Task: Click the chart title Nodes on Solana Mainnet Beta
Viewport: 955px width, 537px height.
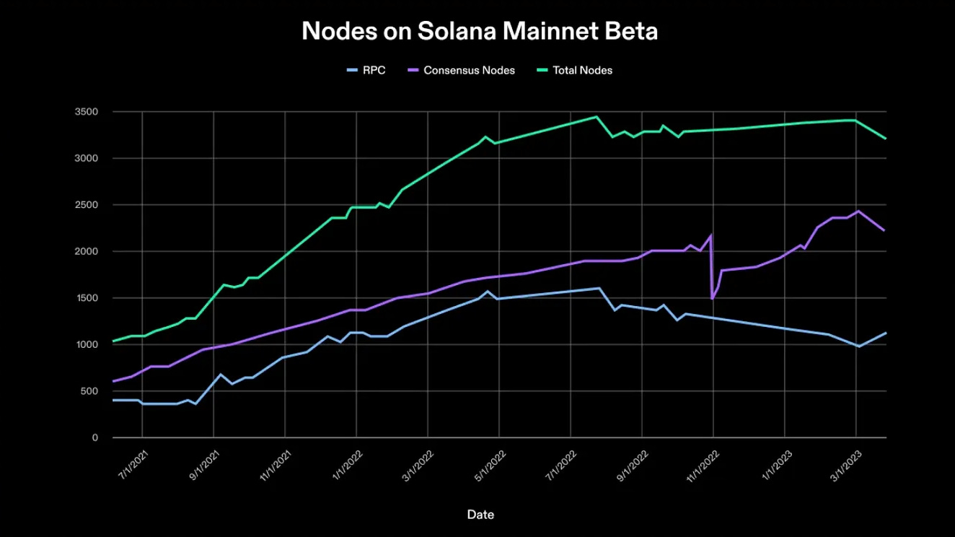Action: [480, 31]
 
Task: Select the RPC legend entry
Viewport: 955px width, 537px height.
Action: [367, 70]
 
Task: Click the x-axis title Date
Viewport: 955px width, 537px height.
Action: [480, 515]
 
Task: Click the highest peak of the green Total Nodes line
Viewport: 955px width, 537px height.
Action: [597, 117]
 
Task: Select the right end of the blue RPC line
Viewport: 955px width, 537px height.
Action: [885, 333]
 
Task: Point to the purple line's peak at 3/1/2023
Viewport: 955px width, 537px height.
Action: [858, 211]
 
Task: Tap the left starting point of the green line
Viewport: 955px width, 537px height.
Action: [113, 341]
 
